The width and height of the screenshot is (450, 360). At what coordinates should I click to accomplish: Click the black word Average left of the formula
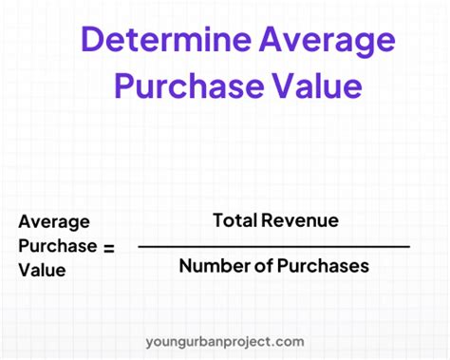point(54,222)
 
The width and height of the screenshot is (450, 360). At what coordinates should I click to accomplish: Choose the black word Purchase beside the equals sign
point(57,246)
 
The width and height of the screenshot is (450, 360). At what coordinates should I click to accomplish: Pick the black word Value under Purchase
point(40,270)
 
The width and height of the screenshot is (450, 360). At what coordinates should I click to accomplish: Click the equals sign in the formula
point(108,247)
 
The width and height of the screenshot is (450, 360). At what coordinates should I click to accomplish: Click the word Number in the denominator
point(209,267)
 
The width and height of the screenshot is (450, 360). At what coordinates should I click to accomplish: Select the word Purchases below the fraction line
point(320,267)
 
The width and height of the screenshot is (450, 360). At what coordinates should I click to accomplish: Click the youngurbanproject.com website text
point(225,341)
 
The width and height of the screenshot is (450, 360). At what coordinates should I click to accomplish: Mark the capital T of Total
point(218,220)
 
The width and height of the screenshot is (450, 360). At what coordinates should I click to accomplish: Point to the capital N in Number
point(185,267)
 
